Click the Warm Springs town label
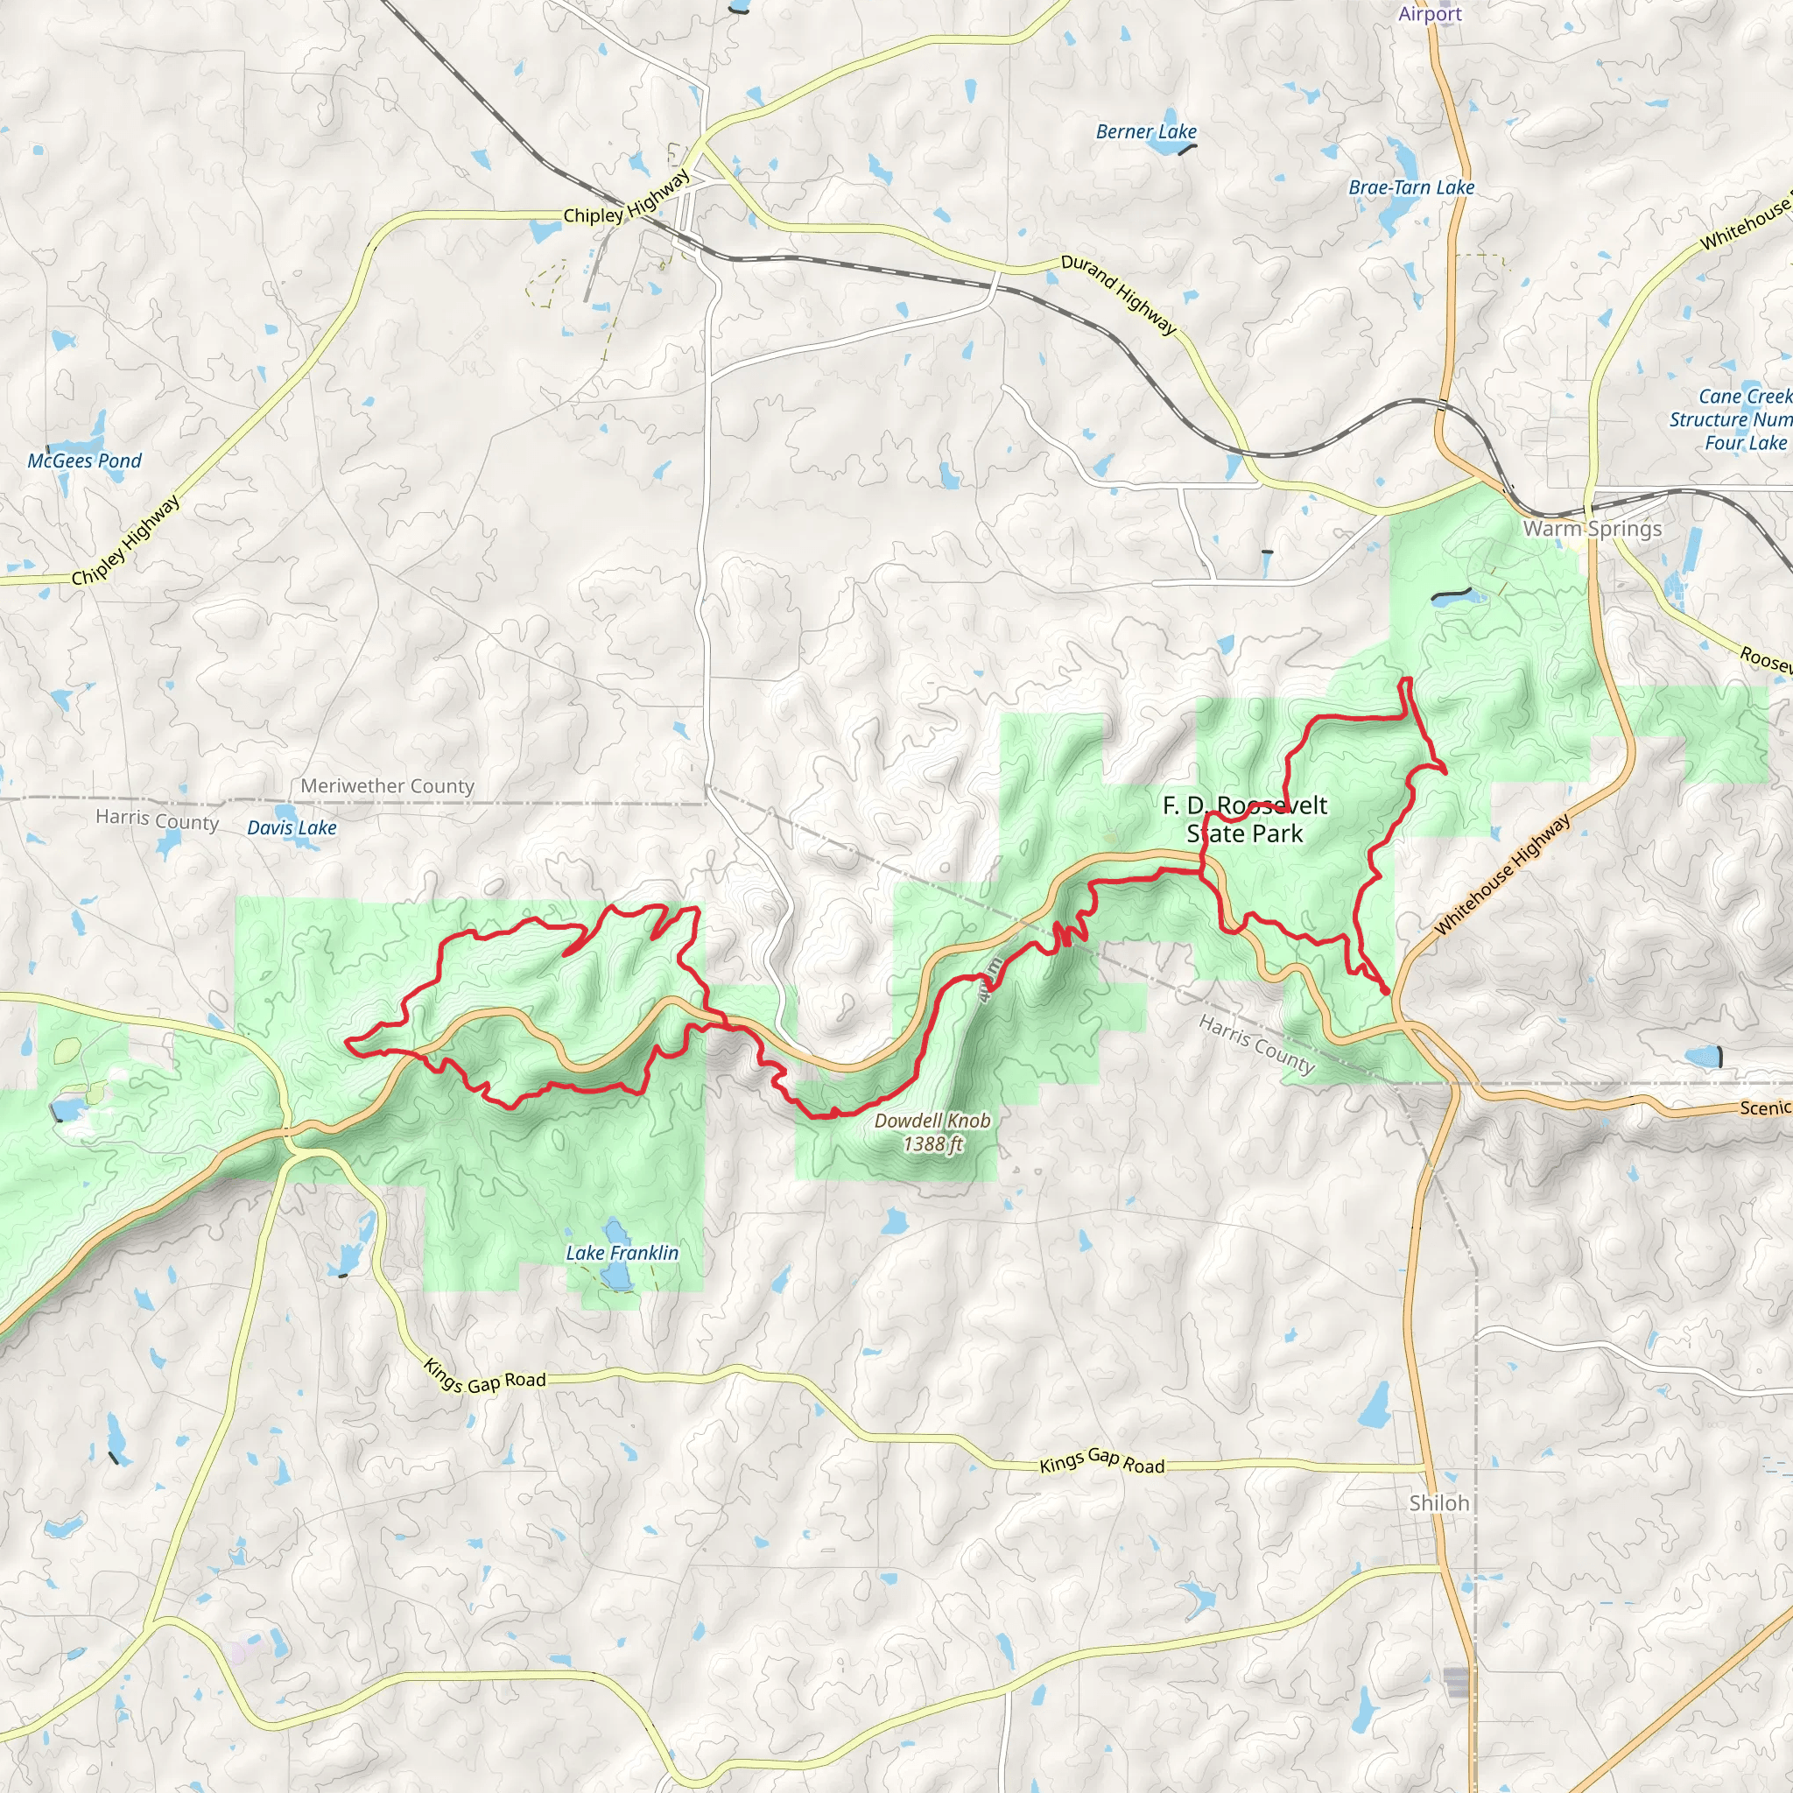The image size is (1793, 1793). pos(1592,529)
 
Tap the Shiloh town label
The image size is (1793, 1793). pos(1438,1502)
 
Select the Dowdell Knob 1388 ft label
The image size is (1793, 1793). pos(932,1132)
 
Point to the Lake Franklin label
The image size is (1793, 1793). pos(622,1253)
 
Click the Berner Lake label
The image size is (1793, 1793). pos(1145,132)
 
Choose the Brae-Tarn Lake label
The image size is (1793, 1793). pos(1410,187)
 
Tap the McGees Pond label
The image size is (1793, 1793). pos(84,461)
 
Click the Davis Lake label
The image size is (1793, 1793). pos(292,828)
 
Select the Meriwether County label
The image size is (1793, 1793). pos(387,786)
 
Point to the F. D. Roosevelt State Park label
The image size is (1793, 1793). pos(1245,819)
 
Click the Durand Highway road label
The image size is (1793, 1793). pos(1118,295)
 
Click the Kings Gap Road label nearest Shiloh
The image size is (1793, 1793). pos(1101,1462)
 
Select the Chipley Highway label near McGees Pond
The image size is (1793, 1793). pos(126,540)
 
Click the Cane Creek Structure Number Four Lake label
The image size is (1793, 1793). pos(1730,419)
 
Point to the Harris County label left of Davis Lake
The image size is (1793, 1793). pos(157,820)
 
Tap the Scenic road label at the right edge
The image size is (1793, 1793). pos(1764,1108)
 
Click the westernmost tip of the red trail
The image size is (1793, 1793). pos(346,1042)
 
